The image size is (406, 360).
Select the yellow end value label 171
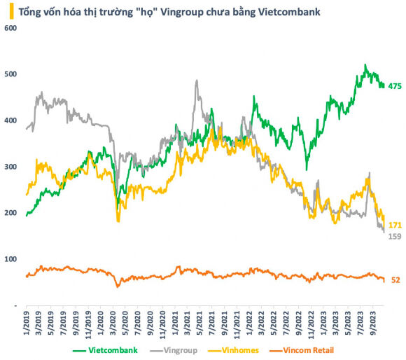pos(395,225)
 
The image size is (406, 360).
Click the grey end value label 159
pos(395,236)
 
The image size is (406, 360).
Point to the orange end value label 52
pos(395,280)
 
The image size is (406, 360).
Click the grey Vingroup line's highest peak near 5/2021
pos(197,81)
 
